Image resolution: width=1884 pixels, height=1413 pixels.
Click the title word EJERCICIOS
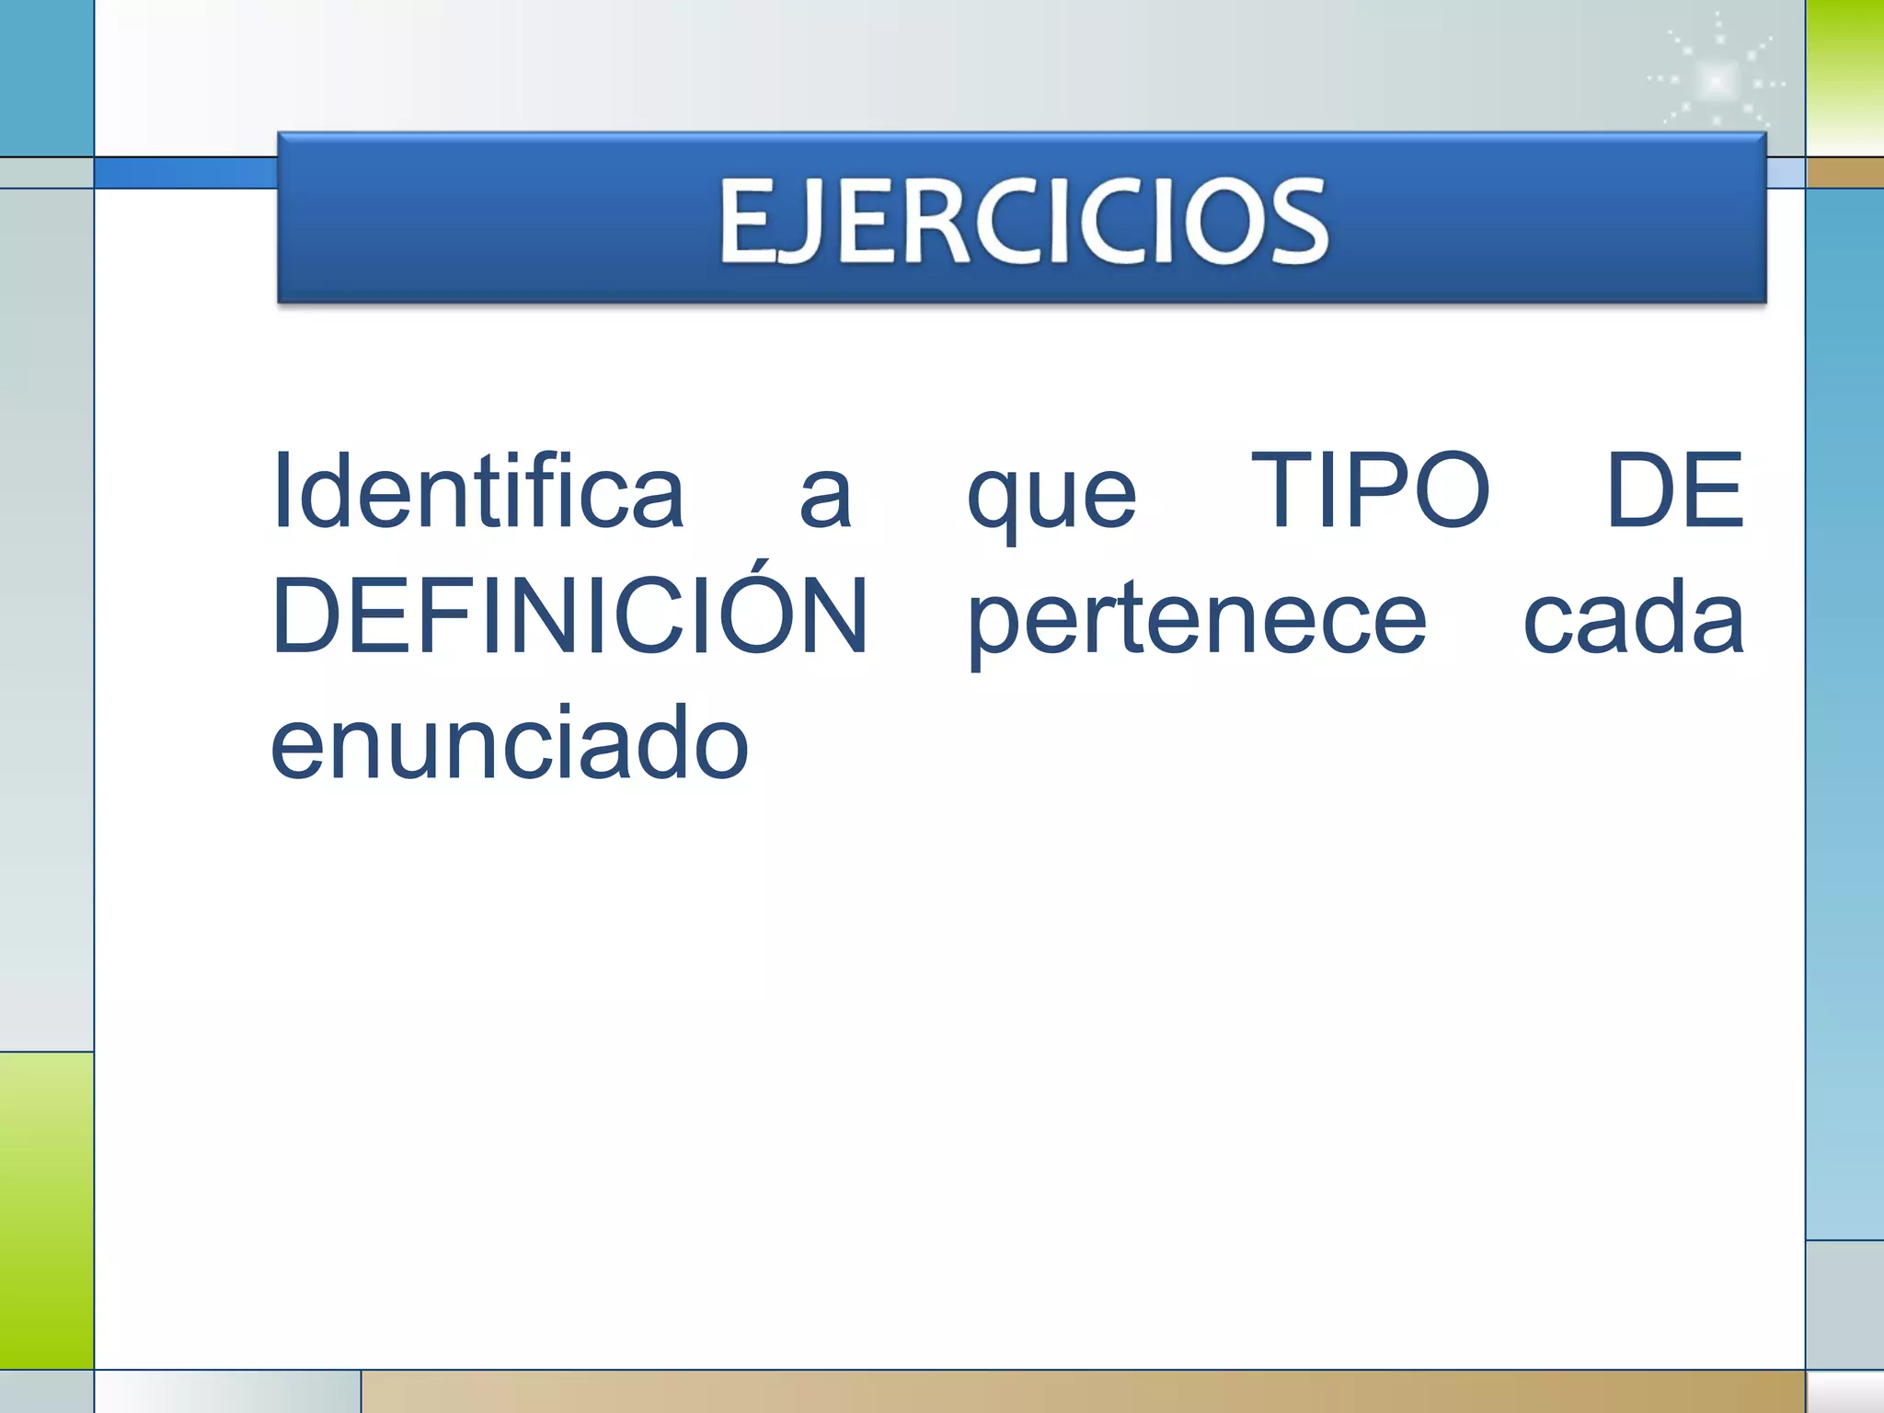pyautogui.click(x=1023, y=221)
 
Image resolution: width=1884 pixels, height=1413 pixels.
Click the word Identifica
pyautogui.click(x=478, y=492)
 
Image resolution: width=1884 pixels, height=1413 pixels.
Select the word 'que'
pyautogui.click(x=1051, y=501)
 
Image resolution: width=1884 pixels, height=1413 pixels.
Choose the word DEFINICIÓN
pyautogui.click(x=570, y=616)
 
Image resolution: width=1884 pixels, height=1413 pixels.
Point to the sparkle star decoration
pyautogui.click(x=1717, y=81)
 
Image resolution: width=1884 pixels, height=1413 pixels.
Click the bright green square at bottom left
pyautogui.click(x=46, y=1210)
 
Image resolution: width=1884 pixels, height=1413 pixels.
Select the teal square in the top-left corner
pyautogui.click(x=46, y=77)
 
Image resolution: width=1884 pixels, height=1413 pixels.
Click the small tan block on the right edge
pyautogui.click(x=1844, y=172)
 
